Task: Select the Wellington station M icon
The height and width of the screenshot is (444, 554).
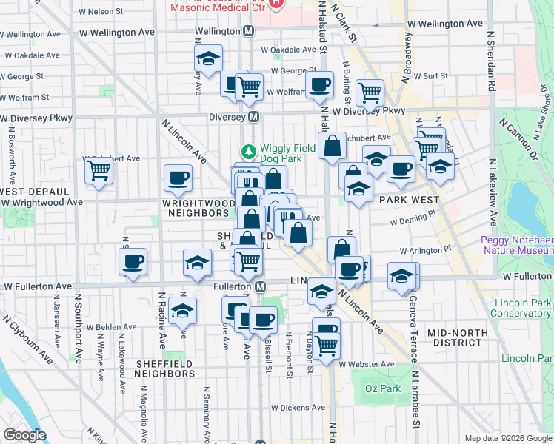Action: (x=248, y=31)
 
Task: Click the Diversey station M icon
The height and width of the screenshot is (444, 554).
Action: (x=253, y=117)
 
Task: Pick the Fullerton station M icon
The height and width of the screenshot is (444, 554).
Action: (x=260, y=286)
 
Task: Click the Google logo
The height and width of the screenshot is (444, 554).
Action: (x=24, y=435)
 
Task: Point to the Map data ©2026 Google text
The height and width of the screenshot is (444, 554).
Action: (x=507, y=438)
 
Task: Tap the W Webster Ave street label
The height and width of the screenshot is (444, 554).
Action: (x=367, y=363)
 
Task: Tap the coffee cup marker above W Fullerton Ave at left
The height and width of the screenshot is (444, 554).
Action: (x=133, y=262)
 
